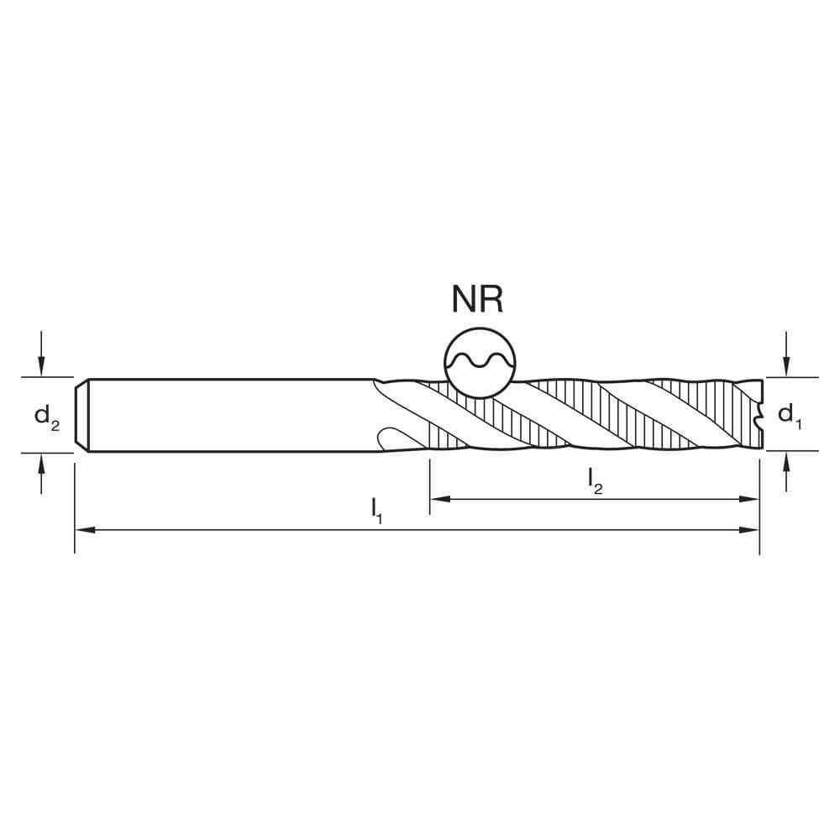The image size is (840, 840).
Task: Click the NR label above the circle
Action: click(x=477, y=300)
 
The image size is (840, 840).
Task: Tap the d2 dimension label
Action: click(x=47, y=417)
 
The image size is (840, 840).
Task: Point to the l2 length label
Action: click(x=596, y=480)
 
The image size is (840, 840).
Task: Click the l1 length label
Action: click(x=376, y=510)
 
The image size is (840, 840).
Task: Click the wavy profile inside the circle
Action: click(x=480, y=360)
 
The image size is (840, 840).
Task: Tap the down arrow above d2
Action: click(x=41, y=354)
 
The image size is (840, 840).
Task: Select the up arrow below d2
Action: click(x=41, y=474)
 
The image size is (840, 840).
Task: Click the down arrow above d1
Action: click(x=786, y=354)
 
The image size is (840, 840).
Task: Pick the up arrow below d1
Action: click(x=786, y=472)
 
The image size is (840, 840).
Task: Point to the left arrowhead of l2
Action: click(x=440, y=499)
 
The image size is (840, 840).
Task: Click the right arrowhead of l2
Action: click(x=749, y=499)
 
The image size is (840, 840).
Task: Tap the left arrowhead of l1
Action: click(x=86, y=530)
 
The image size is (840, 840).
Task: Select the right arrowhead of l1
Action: click(x=749, y=530)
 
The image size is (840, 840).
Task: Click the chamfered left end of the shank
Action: click(x=82, y=416)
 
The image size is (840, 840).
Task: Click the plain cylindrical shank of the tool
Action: click(x=230, y=416)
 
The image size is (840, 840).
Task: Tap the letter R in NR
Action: click(x=491, y=300)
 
